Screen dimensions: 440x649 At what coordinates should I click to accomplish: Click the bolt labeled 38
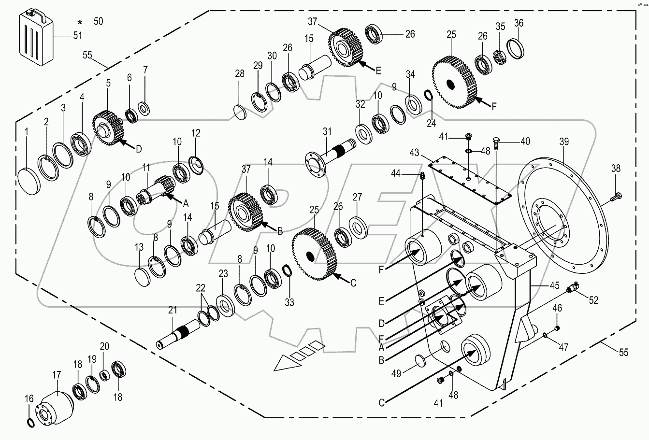click(617, 196)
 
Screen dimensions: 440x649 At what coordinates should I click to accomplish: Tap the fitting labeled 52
click(573, 288)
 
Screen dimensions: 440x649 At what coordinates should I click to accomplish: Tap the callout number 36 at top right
click(518, 23)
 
